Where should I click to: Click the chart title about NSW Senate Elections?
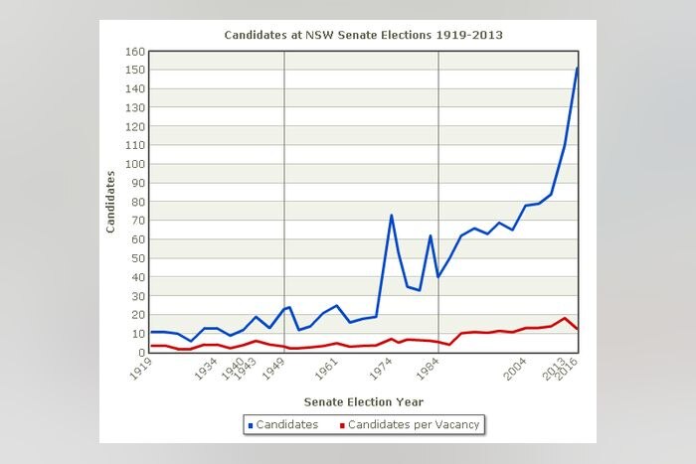[363, 35]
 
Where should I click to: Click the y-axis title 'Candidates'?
[111, 202]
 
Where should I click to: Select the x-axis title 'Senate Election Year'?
[363, 401]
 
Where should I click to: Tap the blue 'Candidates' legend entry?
[283, 425]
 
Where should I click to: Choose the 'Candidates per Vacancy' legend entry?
[410, 425]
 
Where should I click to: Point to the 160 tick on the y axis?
[134, 52]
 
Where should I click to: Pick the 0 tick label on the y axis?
[140, 352]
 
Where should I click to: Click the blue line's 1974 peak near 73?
[391, 215]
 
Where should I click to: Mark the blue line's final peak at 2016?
[577, 68]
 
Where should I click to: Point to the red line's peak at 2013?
[565, 318]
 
